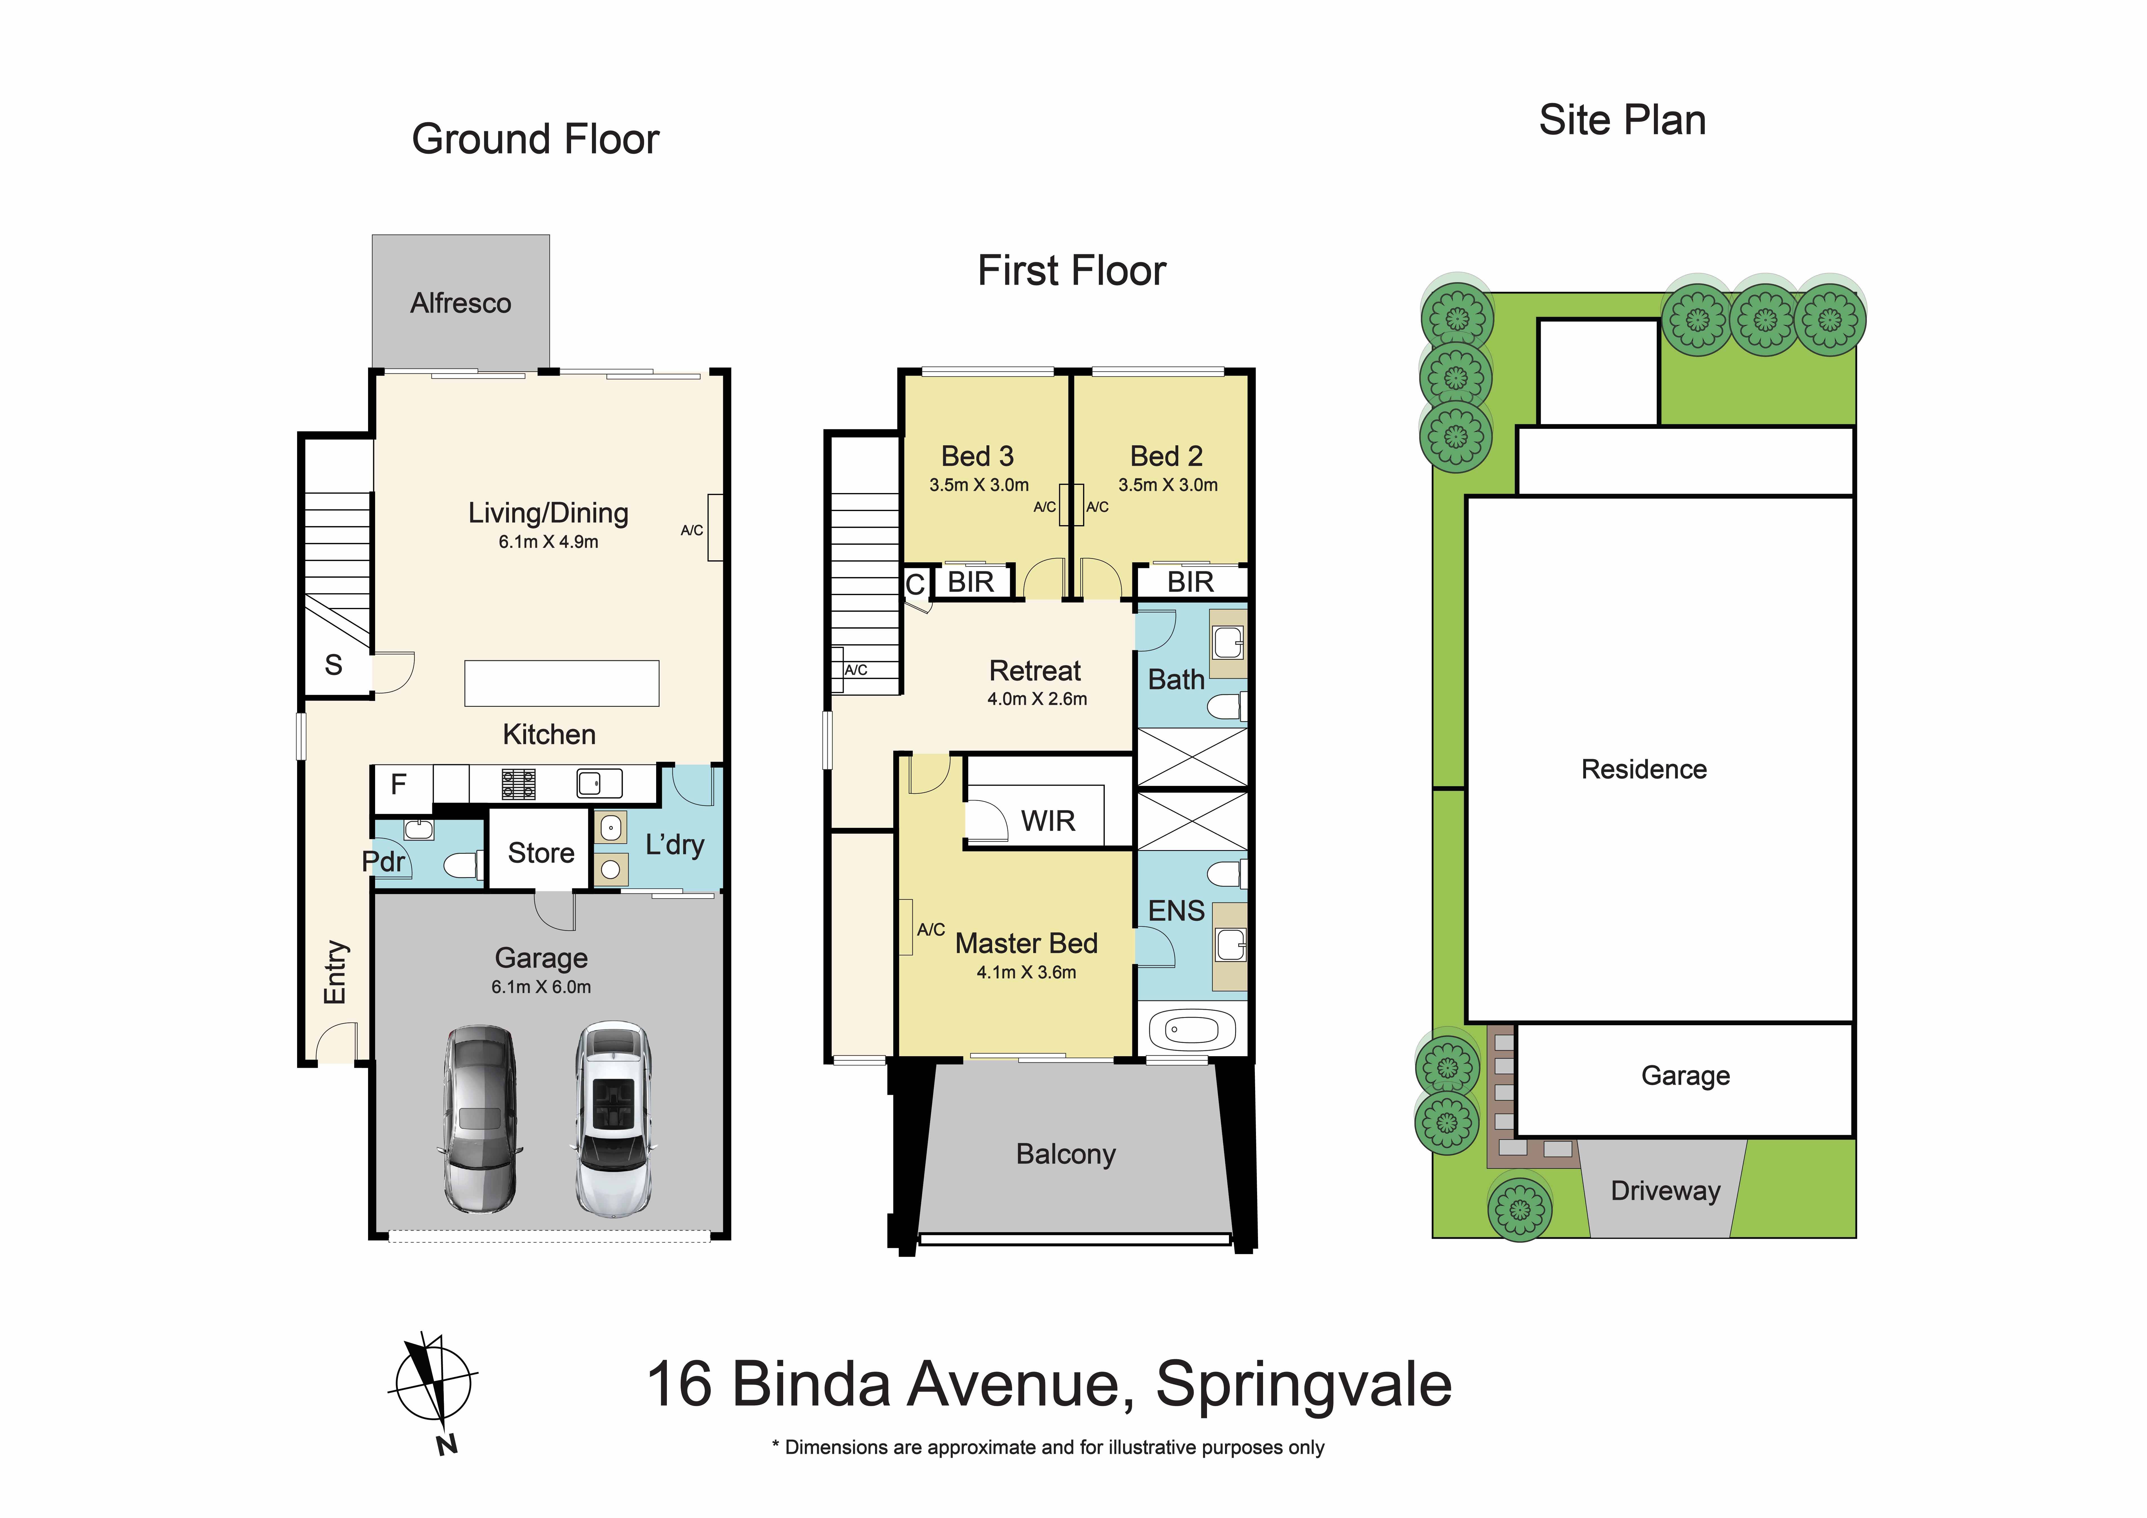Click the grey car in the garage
(x=479, y=1119)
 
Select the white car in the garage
(x=613, y=1119)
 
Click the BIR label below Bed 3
(x=971, y=582)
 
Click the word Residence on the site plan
(x=1643, y=769)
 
